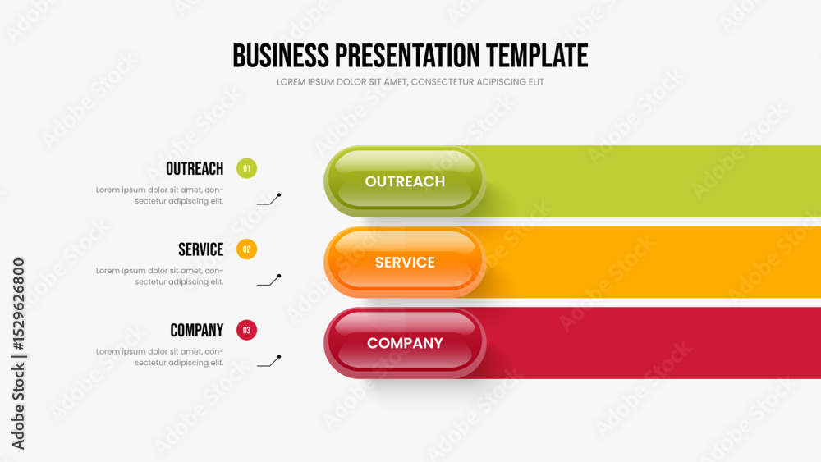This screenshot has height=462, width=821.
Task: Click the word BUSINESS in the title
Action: tap(281, 56)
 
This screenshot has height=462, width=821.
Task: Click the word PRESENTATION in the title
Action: tap(407, 56)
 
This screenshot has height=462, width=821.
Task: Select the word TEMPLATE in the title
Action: tap(537, 56)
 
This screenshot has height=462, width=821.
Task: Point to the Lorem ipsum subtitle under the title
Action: tap(410, 82)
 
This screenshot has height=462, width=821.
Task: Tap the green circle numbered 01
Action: tap(246, 168)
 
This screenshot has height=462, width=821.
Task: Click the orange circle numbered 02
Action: tap(246, 249)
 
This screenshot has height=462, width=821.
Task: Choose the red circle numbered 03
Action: tap(246, 330)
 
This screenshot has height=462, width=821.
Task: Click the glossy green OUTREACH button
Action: tap(405, 181)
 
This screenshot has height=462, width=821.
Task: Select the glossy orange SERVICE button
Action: tap(405, 262)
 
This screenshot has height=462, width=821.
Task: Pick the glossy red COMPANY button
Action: tap(405, 343)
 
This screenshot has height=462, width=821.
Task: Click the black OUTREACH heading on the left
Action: tap(195, 169)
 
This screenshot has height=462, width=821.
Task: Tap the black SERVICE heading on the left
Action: tap(201, 249)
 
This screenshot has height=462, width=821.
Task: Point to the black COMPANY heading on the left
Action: tap(197, 331)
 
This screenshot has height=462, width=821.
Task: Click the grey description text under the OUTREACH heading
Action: tap(160, 195)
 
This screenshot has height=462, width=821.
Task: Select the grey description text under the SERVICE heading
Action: tap(160, 277)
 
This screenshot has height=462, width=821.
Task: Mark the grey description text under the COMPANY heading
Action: tap(160, 357)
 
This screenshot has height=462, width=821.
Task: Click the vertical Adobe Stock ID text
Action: tap(18, 354)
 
